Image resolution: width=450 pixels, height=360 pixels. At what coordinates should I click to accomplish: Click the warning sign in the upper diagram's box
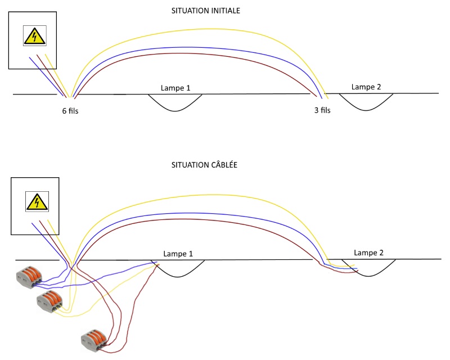(34, 36)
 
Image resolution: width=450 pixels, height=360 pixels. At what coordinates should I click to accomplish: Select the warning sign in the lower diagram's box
(37, 201)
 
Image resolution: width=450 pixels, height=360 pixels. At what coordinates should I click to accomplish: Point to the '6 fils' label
(70, 111)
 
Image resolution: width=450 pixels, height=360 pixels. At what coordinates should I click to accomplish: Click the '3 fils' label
(322, 110)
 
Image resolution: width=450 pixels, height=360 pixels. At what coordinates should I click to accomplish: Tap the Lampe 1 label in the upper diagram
(175, 88)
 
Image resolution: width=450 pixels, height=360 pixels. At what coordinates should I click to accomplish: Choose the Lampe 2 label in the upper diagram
(366, 87)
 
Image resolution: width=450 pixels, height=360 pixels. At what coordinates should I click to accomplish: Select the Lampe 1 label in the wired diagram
(178, 254)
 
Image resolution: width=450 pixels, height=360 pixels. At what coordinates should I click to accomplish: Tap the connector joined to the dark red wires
(94, 339)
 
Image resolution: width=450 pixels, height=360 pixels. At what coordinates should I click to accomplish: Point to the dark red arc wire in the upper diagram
(197, 53)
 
